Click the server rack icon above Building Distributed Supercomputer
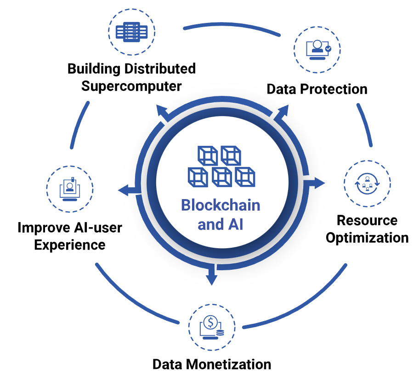click(131, 32)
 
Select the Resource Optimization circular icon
click(367, 183)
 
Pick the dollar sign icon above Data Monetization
click(211, 325)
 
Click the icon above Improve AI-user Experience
click(70, 188)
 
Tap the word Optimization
click(367, 238)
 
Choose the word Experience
click(70, 244)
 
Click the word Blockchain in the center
click(221, 205)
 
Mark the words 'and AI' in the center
click(221, 224)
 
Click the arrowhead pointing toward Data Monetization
click(211, 278)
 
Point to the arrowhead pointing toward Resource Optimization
click(319, 183)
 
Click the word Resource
click(367, 220)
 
